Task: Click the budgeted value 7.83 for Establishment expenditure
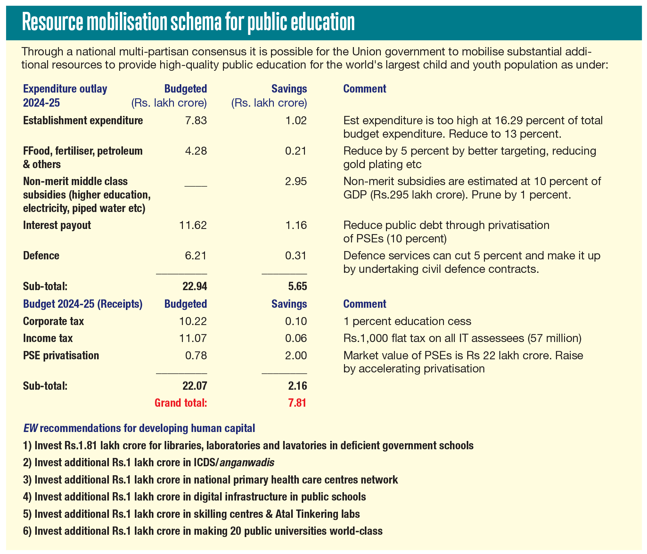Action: [196, 121]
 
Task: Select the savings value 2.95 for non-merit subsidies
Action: [296, 182]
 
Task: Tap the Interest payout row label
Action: [57, 225]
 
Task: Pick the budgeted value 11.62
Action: [193, 225]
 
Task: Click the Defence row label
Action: [41, 256]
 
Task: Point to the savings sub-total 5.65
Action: [298, 286]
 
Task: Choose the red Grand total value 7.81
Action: [297, 403]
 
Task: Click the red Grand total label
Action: [181, 403]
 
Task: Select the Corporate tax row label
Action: [53, 321]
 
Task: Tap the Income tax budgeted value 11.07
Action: [193, 338]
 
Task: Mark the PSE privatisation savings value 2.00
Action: [296, 355]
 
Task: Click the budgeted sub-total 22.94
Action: [195, 286]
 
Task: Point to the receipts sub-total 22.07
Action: [195, 386]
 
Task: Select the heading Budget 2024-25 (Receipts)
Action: [83, 304]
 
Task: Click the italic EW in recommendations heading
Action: [30, 428]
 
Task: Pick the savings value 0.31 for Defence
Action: [296, 256]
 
